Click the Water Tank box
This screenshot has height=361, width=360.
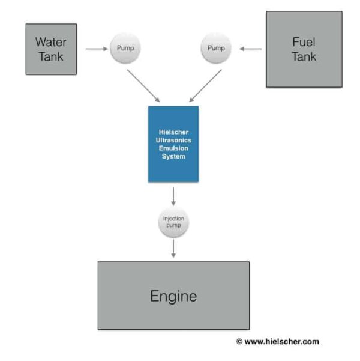click(51, 49)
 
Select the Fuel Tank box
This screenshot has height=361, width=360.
click(304, 49)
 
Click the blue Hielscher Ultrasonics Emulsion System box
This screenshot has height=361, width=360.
click(173, 144)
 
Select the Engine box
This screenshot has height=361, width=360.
click(173, 295)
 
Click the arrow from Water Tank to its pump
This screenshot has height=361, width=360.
click(95, 49)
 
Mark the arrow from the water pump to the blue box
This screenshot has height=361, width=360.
click(143, 85)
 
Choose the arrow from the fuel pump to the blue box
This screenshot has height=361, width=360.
click(205, 85)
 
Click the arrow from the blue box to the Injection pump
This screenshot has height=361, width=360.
click(173, 196)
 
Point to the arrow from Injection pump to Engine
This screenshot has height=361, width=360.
click(173, 249)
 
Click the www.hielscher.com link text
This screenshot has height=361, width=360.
click(281, 342)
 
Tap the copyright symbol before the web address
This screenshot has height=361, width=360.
click(239, 342)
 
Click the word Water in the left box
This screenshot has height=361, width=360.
click(51, 42)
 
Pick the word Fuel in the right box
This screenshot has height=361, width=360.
click(304, 42)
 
